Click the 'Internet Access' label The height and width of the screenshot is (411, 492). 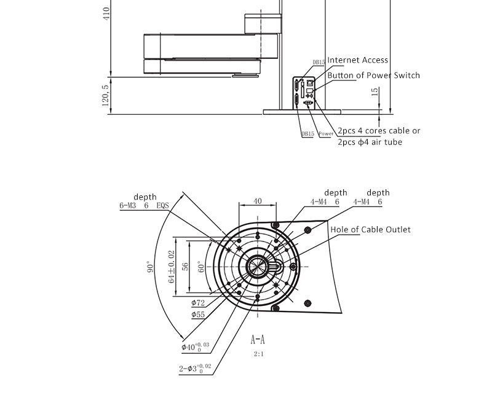point(357,60)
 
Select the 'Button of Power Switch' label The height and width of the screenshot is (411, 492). point(373,76)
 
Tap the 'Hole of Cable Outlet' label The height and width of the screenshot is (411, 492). point(370,230)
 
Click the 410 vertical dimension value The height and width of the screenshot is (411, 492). point(106,13)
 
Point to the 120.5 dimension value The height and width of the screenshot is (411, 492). point(105,95)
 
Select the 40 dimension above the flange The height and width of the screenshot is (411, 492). point(257,201)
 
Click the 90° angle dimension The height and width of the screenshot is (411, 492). point(149,268)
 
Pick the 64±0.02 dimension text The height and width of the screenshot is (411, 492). point(172,266)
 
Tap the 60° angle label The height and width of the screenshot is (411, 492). point(200,266)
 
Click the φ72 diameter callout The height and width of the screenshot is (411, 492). point(198,302)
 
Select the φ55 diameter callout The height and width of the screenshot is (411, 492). point(198,315)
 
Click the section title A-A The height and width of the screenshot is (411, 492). point(258,339)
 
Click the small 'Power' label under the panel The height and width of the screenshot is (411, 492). point(326,133)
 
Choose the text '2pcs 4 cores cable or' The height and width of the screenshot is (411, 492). point(379,131)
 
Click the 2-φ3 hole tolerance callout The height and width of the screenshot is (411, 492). point(195,368)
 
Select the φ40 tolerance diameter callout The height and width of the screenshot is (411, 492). point(196,347)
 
